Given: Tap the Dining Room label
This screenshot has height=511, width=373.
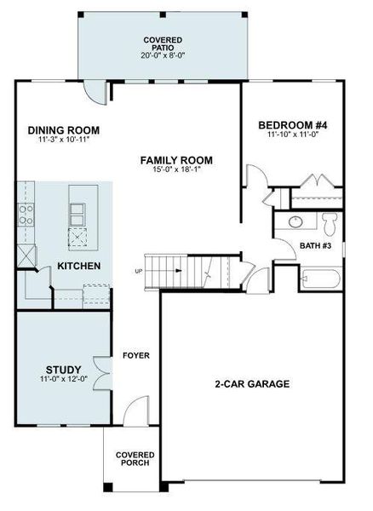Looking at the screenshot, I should (64, 130).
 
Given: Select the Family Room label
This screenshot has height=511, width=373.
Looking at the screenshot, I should (176, 160).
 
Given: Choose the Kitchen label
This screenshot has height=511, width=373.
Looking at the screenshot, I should (79, 267).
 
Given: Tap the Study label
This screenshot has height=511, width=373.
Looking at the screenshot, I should (63, 368).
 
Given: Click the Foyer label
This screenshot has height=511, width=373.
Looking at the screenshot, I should (136, 355).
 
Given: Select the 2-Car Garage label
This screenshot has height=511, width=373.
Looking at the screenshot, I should (252, 384).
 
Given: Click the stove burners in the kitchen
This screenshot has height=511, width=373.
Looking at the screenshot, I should (26, 214).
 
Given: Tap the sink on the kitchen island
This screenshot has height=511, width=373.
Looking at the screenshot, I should (77, 210).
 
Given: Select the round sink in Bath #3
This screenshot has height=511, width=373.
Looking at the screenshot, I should (295, 223).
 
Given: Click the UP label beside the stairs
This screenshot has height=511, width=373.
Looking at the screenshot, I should (139, 272).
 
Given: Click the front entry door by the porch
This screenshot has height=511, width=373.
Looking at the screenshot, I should (133, 413).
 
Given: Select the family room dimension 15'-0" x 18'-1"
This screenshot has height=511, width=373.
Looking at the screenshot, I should (176, 170).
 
